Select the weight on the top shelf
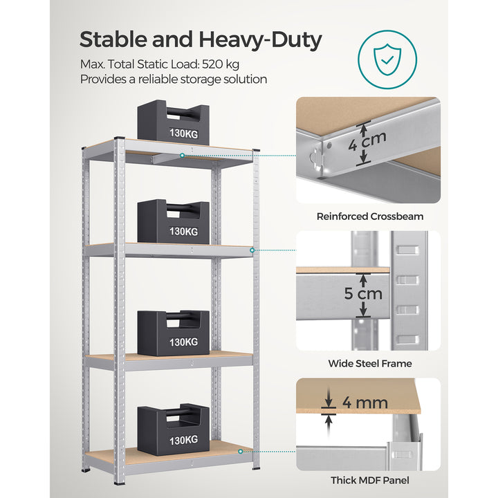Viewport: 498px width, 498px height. [173, 123]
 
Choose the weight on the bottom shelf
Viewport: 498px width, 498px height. [173, 427]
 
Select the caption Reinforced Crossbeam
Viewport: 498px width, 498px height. [370, 216]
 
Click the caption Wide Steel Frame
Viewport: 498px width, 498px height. [370, 363]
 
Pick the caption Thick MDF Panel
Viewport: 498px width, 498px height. [370, 480]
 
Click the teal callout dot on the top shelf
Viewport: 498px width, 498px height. [182, 156]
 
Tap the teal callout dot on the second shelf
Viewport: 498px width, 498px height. [252, 250]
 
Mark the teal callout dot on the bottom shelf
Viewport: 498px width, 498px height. [240, 450]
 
